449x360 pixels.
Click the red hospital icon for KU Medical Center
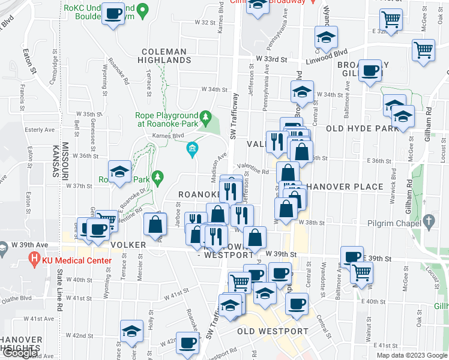(33, 260)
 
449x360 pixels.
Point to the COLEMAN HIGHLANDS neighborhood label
(167, 56)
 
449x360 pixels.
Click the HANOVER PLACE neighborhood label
(345, 187)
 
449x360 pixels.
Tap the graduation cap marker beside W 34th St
(302, 92)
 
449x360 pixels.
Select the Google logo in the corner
(20, 353)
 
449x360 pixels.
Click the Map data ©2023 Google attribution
(412, 355)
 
